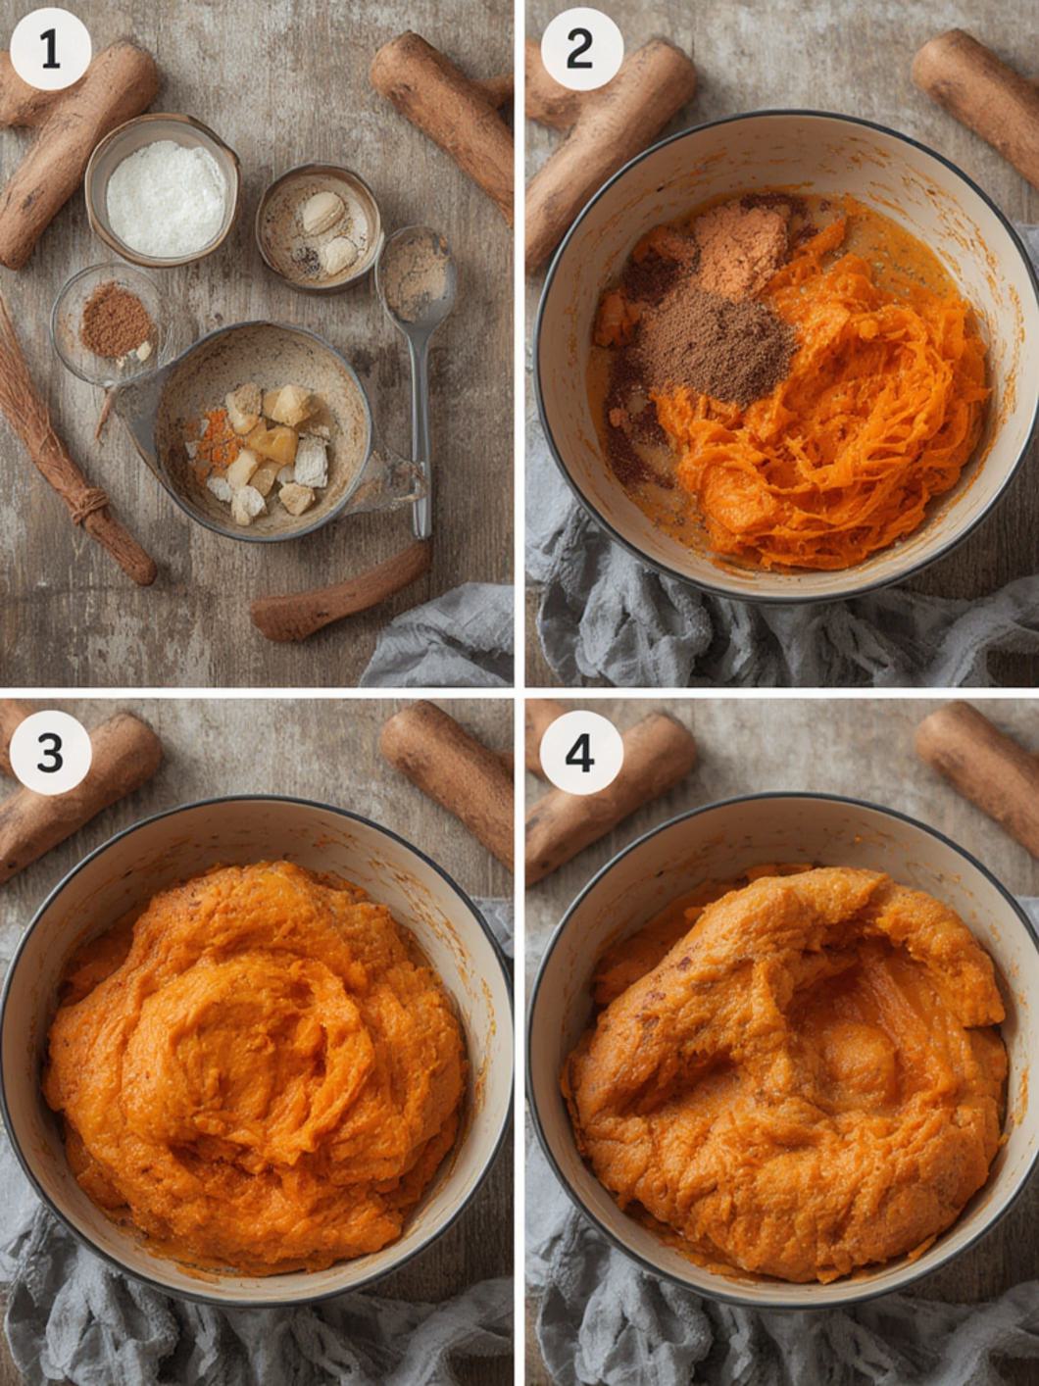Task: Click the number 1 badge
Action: [50, 50]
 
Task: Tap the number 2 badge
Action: [580, 50]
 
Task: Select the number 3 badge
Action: [50, 753]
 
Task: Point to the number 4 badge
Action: [580, 753]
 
